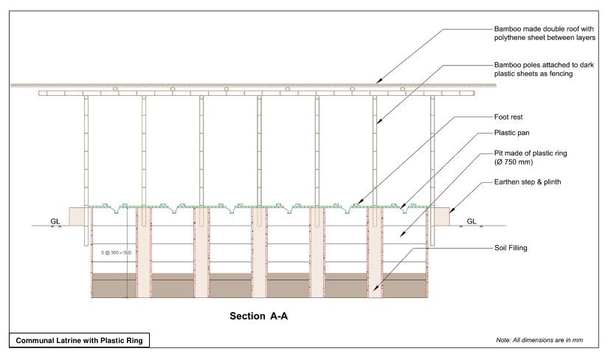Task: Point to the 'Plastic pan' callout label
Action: point(511,134)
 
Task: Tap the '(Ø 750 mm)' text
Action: point(515,162)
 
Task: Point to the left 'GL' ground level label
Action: point(55,221)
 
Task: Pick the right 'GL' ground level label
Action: point(471,221)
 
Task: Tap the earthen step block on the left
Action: point(77,216)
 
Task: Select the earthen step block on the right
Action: point(441,216)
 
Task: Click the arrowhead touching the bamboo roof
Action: point(379,82)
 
